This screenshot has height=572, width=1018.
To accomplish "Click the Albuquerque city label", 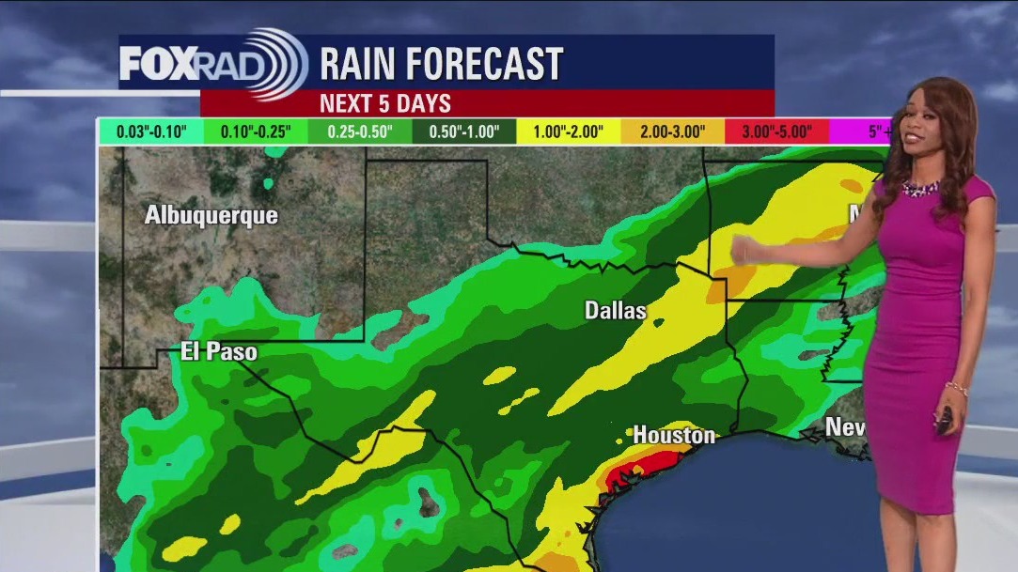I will point(211,215).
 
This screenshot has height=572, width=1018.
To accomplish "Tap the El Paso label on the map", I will point(219,352).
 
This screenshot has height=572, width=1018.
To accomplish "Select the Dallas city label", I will point(616,310).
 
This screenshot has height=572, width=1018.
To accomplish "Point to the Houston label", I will point(674,435).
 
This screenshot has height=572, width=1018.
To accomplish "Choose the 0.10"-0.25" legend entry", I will point(257,131).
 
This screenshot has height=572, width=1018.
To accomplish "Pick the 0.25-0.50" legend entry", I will point(360,131).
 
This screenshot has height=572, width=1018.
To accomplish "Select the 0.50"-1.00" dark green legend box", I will point(464,131).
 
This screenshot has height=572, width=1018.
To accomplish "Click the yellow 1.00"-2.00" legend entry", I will point(569,131).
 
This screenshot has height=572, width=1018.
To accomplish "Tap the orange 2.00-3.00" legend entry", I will point(672,131).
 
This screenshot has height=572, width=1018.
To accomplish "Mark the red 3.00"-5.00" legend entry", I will point(776,131).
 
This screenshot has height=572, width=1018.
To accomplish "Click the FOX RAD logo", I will point(212,63).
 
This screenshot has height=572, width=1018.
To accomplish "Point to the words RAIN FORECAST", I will point(441,64).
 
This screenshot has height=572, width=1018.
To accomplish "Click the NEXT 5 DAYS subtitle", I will point(385,103).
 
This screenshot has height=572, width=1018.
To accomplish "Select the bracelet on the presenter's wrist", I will point(956,388).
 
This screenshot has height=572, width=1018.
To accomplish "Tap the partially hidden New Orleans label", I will point(843,427).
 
